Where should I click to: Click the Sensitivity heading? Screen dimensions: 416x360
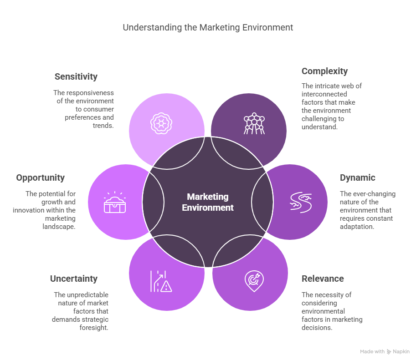click(76, 76)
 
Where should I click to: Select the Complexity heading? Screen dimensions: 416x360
click(324, 71)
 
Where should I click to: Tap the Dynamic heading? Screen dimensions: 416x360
click(357, 177)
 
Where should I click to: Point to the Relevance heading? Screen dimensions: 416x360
click(323, 279)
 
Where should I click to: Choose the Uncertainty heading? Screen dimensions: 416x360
click(74, 279)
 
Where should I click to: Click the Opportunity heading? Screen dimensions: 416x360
click(41, 177)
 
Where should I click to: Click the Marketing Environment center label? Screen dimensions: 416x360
click(208, 202)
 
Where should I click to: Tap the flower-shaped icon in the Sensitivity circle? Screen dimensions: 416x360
click(161, 123)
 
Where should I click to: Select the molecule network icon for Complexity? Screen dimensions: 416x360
click(254, 123)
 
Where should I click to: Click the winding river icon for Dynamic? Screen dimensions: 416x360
click(301, 202)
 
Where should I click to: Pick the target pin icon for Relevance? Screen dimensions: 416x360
click(254, 281)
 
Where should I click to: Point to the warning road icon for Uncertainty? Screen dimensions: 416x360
click(161, 281)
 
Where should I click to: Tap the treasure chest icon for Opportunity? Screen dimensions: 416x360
click(115, 202)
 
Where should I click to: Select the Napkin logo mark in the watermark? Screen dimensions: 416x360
click(389, 351)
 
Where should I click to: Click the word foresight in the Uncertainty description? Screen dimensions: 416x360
click(94, 328)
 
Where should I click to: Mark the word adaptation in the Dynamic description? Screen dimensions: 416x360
click(357, 227)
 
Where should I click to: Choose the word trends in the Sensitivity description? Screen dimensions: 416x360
click(103, 126)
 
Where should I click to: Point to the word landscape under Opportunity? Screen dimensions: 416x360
click(59, 227)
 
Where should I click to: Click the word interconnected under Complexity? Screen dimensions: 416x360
click(324, 94)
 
